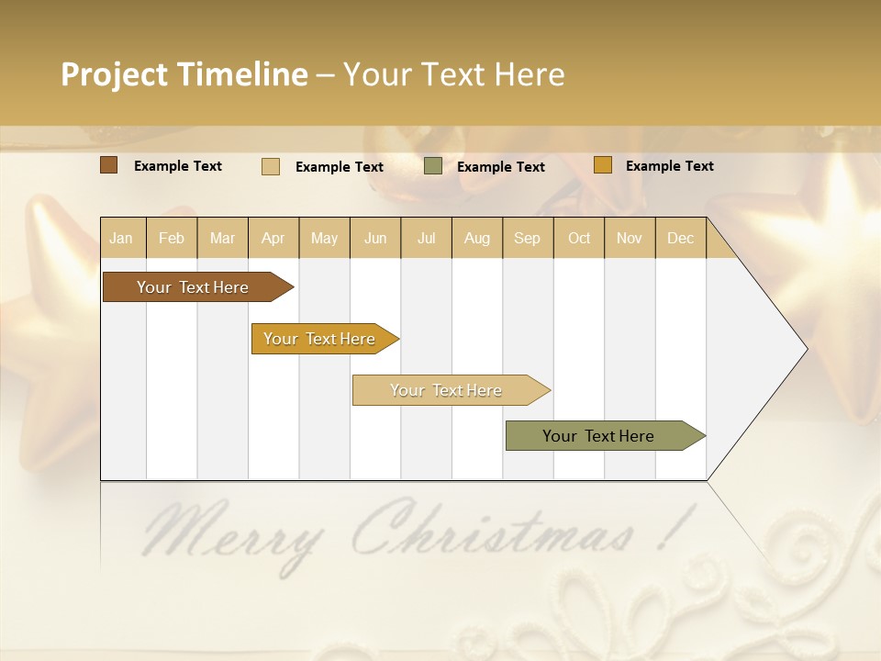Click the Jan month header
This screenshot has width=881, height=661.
pyautogui.click(x=122, y=238)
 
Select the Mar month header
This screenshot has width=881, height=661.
pyautogui.click(x=222, y=238)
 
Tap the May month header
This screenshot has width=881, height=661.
pyautogui.click(x=324, y=238)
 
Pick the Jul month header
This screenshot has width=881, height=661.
pyautogui.click(x=426, y=238)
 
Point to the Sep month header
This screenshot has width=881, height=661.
pyautogui.click(x=527, y=238)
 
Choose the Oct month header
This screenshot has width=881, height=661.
pyautogui.click(x=579, y=238)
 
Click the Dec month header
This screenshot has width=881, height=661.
pyautogui.click(x=680, y=238)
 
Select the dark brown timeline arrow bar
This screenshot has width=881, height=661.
pyautogui.click(x=193, y=287)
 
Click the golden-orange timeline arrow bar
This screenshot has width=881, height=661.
pyautogui.click(x=319, y=339)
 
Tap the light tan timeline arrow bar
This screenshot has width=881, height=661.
pyautogui.click(x=446, y=390)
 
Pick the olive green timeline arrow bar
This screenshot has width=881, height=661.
pyautogui.click(x=598, y=436)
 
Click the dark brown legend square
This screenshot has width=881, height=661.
pyautogui.click(x=109, y=165)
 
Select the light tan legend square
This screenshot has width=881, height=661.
pyautogui.click(x=271, y=166)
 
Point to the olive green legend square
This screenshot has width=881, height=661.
pyautogui.click(x=433, y=166)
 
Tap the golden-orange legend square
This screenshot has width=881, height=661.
pyautogui.click(x=603, y=165)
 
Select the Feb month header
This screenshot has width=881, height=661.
pyautogui.click(x=172, y=238)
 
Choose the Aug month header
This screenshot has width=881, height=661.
pyautogui.click(x=476, y=238)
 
